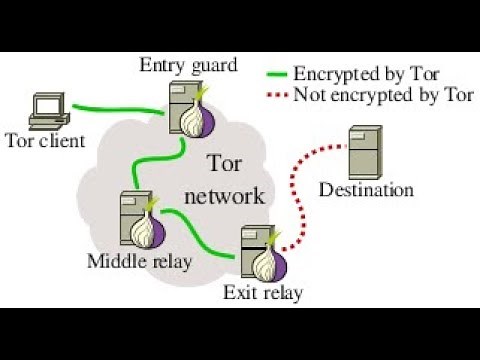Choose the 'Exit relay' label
264,293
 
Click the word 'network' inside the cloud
232,194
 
